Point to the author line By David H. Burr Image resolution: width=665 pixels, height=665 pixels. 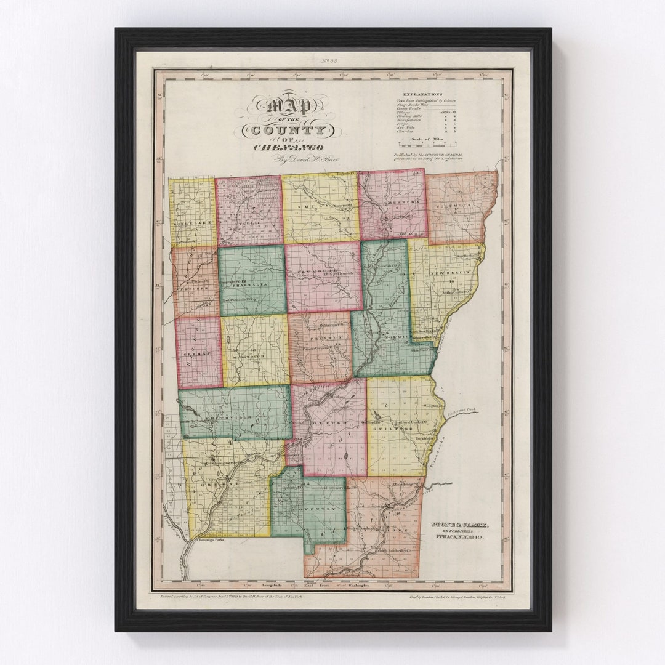click(299, 160)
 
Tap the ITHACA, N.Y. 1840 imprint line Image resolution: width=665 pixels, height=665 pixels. click(459, 538)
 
